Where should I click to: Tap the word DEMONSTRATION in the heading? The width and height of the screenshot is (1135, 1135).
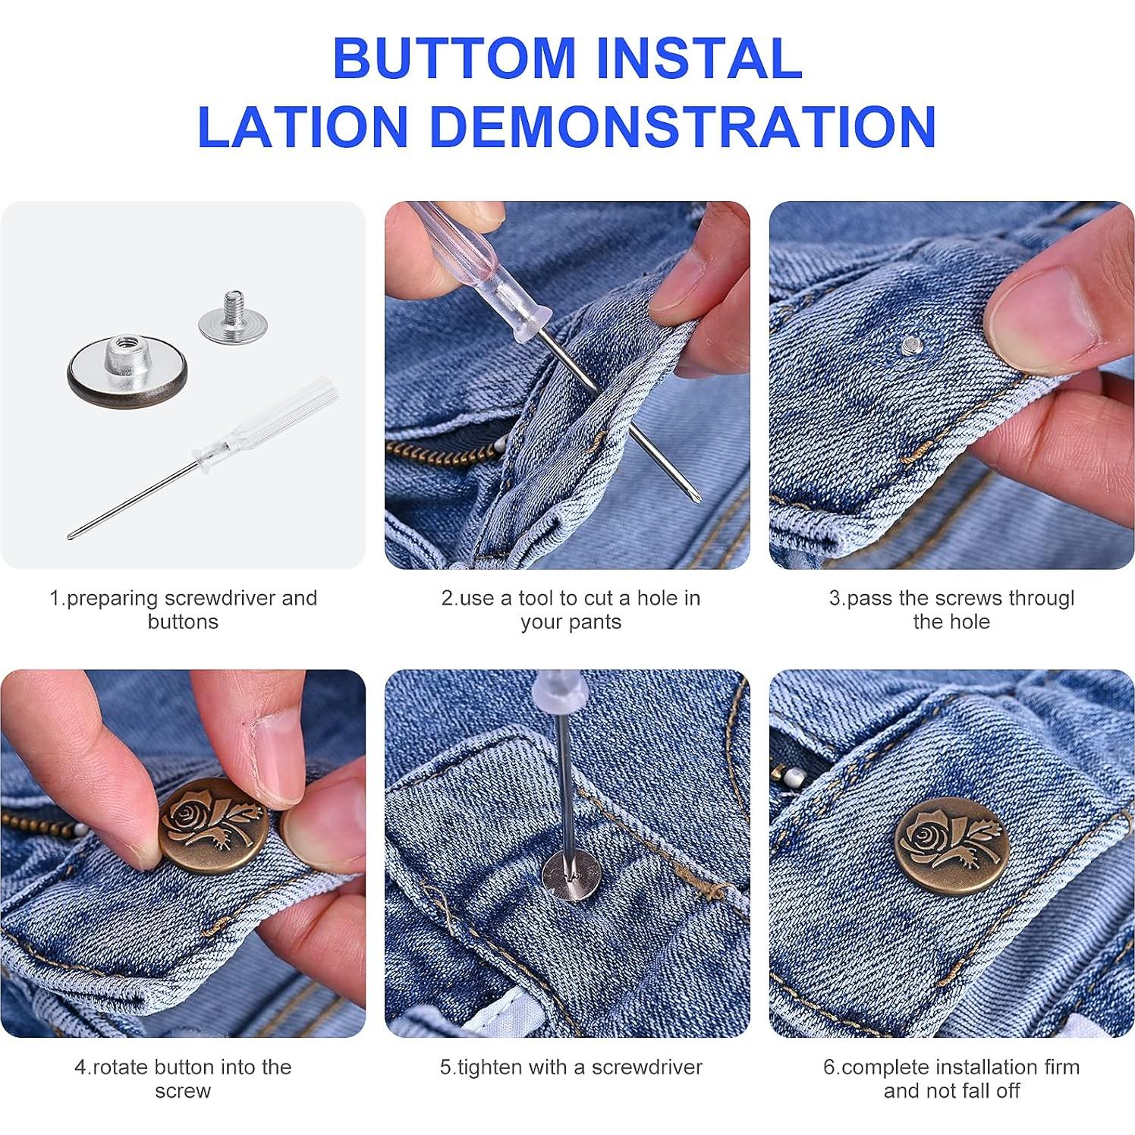(683, 125)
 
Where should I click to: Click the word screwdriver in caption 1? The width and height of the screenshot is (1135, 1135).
(220, 598)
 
